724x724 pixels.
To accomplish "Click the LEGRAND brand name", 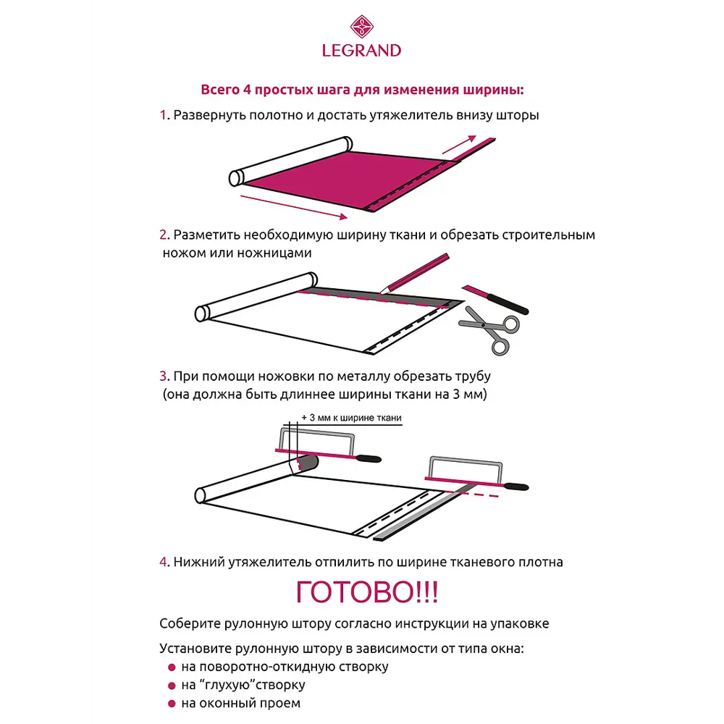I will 361,50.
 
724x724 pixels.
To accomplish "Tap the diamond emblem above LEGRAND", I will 361,28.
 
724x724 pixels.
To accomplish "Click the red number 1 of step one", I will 163,115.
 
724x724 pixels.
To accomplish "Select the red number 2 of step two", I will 164,235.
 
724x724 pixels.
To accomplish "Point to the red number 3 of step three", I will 164,376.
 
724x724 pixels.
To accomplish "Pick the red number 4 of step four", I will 164,562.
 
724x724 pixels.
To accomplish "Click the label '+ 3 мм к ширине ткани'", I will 350,418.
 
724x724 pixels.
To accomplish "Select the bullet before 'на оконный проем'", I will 172,703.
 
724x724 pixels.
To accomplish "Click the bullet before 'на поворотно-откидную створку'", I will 172,668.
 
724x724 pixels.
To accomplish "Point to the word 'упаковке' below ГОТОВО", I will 518,623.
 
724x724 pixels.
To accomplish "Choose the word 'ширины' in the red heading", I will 492,90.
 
